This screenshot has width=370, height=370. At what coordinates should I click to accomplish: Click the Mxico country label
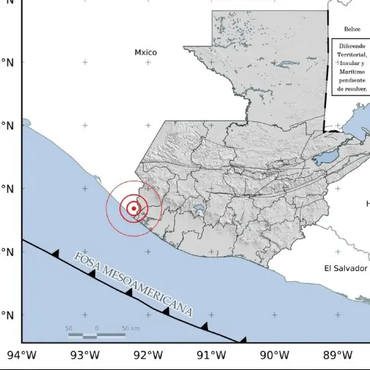145,52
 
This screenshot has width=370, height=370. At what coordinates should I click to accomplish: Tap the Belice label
352,30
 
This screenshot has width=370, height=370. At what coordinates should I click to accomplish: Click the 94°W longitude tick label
22,355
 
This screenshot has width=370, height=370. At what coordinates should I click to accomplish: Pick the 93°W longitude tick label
85,355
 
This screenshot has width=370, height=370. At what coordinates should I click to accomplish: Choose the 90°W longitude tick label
275,355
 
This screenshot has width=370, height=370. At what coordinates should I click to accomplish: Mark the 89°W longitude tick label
337,355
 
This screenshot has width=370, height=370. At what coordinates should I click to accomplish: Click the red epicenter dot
134,209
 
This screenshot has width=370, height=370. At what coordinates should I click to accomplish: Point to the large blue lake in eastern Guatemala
326,156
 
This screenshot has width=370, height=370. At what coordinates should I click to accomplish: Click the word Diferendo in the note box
352,46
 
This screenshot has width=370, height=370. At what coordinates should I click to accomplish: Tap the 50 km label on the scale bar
130,329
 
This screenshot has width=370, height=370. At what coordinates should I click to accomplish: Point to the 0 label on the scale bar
97,329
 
